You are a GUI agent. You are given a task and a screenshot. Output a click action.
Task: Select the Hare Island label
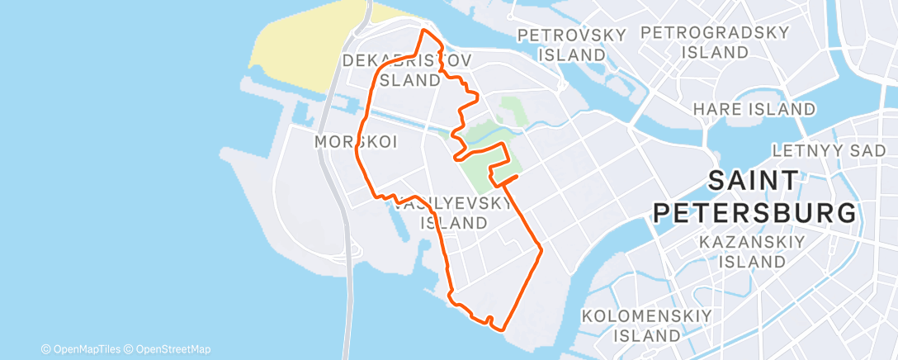(x=754, y=109)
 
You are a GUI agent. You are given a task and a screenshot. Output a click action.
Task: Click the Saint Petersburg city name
(x=754, y=197)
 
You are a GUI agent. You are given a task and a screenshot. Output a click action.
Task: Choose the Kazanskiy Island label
(x=741, y=252)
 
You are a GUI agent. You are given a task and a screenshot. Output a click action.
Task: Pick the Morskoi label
(x=356, y=142)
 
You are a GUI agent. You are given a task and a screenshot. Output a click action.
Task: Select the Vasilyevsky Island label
(x=453, y=213)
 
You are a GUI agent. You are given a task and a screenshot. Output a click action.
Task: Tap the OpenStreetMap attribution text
(x=173, y=349)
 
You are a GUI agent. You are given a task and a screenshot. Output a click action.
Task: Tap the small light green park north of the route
(x=512, y=111)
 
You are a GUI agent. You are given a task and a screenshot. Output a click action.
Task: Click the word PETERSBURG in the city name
(x=754, y=213)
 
